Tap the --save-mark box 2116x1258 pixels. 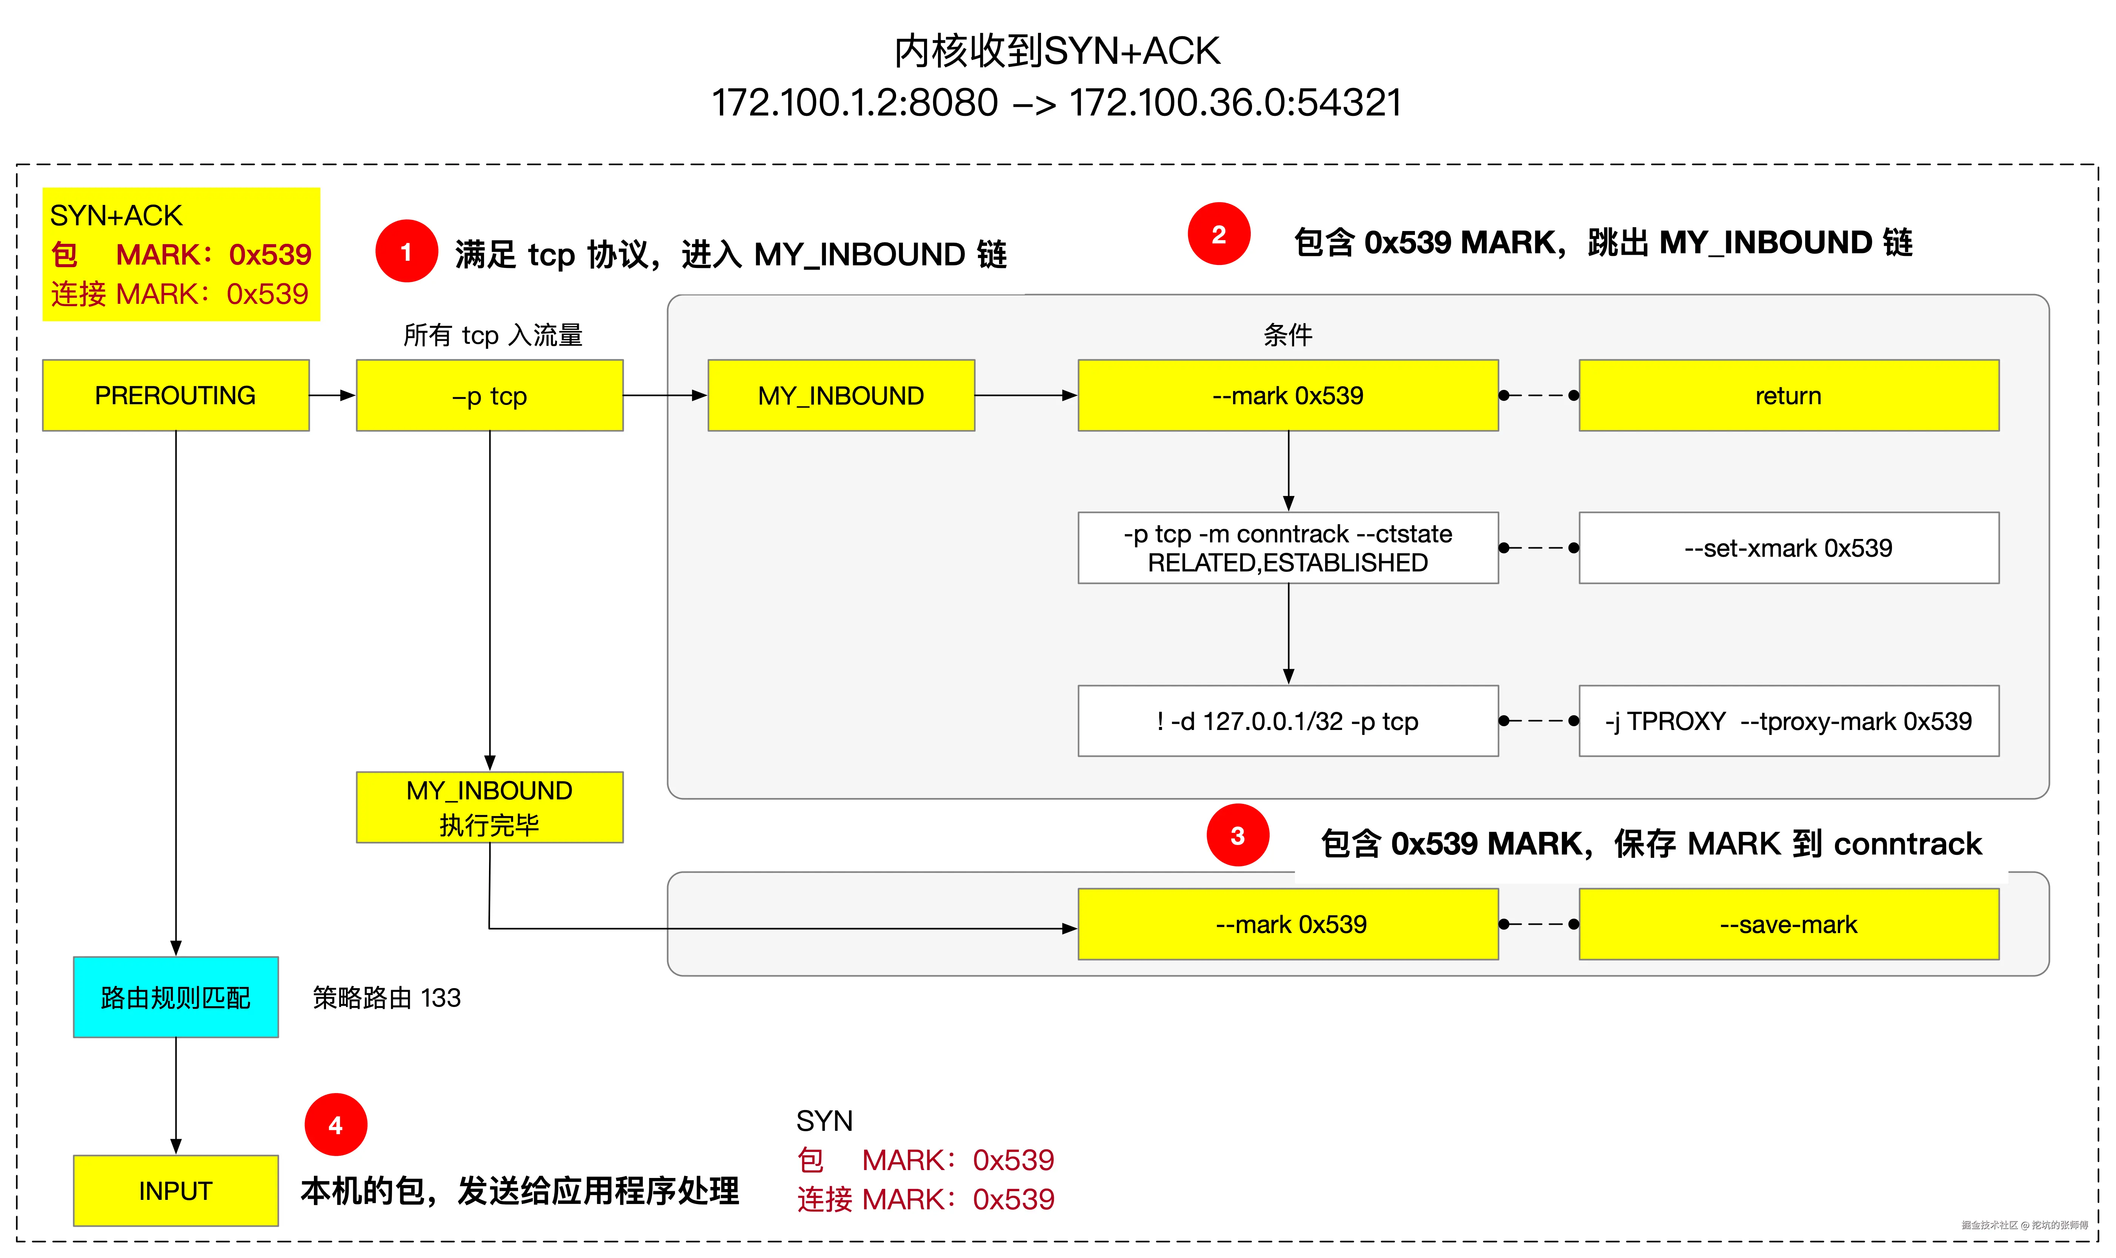tap(1788, 924)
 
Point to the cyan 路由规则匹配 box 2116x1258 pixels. tap(175, 997)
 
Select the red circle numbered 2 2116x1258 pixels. tap(1219, 234)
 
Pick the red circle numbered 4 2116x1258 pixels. tap(335, 1125)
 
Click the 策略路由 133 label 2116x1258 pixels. tap(386, 998)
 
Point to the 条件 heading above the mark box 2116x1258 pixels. tap(1287, 335)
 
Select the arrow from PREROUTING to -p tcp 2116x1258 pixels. tap(332, 395)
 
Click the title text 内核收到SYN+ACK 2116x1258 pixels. tap(1057, 51)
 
